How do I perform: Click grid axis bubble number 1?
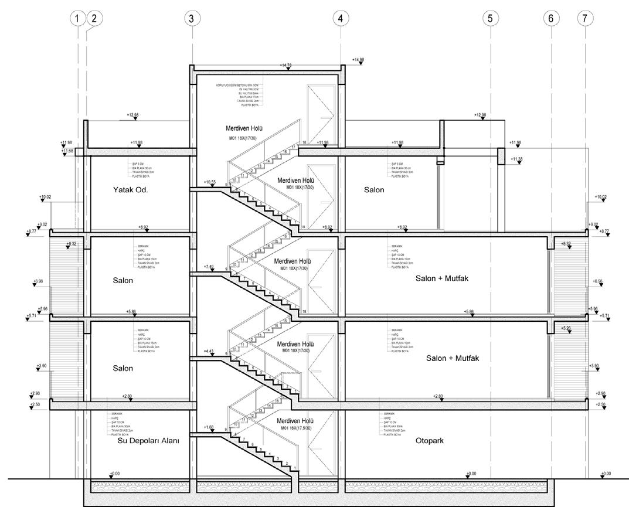pyautogui.click(x=77, y=18)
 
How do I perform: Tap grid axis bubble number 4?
pyautogui.click(x=340, y=18)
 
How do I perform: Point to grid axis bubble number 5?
pyautogui.click(x=490, y=18)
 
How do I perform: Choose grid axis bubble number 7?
pyautogui.click(x=584, y=18)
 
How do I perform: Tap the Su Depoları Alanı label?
pyautogui.click(x=148, y=441)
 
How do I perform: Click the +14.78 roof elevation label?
pyautogui.click(x=286, y=66)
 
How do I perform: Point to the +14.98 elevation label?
pyautogui.click(x=358, y=60)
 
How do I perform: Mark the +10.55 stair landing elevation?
pyautogui.click(x=209, y=182)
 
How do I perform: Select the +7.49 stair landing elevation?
pyautogui.click(x=209, y=267)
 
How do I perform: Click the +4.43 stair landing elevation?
pyautogui.click(x=209, y=352)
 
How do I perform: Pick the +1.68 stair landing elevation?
pyautogui.click(x=209, y=427)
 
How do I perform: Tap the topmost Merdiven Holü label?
pyautogui.click(x=244, y=128)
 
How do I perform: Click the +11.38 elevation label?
pyautogui.click(x=516, y=159)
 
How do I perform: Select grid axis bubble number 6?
pyautogui.click(x=550, y=18)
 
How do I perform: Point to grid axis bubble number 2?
pyautogui.click(x=94, y=18)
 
